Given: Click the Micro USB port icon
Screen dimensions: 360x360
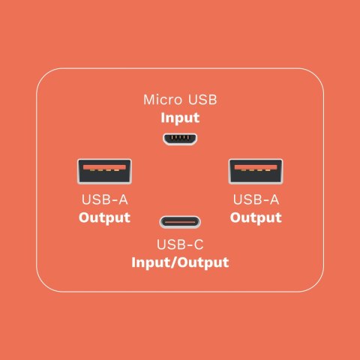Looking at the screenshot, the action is tap(180, 139).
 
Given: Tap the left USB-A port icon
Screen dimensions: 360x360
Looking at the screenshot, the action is tap(104, 172).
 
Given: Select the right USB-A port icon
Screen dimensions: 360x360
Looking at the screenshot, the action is tap(256, 172).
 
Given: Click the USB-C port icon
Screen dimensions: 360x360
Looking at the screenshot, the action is tap(180, 222).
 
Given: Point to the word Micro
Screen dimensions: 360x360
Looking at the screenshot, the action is tap(163, 100).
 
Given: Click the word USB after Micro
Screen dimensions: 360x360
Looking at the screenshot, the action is tap(202, 100).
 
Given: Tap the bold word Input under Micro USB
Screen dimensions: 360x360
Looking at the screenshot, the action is tap(180, 118).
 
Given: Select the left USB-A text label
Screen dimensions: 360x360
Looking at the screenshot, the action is tap(104, 199).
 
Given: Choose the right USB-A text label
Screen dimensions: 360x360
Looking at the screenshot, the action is tap(256, 199).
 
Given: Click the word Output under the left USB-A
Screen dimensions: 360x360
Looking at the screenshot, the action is tap(104, 217).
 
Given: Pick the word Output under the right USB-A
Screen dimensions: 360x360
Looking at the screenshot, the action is tap(256, 217).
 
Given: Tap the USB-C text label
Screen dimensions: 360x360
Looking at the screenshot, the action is tap(180, 244).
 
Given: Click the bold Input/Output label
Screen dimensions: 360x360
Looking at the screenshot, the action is tap(180, 262).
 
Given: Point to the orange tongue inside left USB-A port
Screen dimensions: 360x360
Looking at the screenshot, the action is tap(104, 167).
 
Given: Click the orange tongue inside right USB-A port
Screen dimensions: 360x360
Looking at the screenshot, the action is tap(256, 167).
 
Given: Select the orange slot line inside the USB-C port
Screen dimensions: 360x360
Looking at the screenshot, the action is tap(180, 222).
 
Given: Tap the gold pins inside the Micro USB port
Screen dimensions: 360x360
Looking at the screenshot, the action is tap(180, 137).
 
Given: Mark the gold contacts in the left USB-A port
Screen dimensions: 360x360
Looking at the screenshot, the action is tap(104, 170).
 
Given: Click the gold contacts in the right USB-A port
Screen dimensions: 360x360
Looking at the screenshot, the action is tap(256, 170).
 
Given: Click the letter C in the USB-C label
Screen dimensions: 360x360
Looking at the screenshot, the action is tap(199, 244).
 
